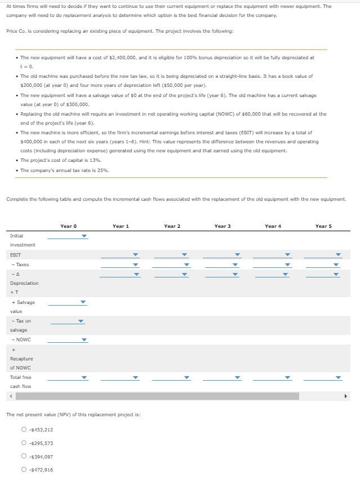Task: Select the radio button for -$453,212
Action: tap(24, 430)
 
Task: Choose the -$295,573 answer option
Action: tap(24, 443)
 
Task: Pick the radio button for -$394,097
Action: tap(24, 457)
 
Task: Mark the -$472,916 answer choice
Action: tap(24, 470)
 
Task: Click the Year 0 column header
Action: tap(68, 226)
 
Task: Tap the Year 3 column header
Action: tap(223, 226)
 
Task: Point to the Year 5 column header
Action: tap(323, 226)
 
